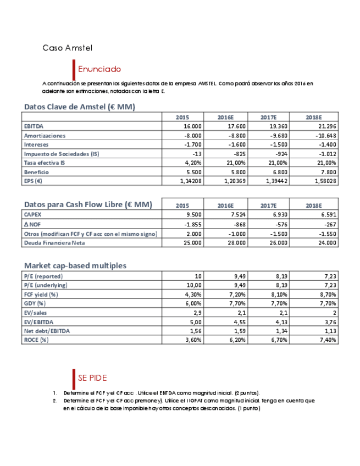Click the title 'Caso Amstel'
[x=68, y=48]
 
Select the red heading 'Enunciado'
[x=99, y=69]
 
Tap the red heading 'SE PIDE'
[x=92, y=378]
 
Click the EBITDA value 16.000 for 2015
[x=192, y=126]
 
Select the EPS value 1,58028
[x=325, y=181]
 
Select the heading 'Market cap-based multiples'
[x=75, y=265]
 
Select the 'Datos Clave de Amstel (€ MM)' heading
[x=79, y=107]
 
